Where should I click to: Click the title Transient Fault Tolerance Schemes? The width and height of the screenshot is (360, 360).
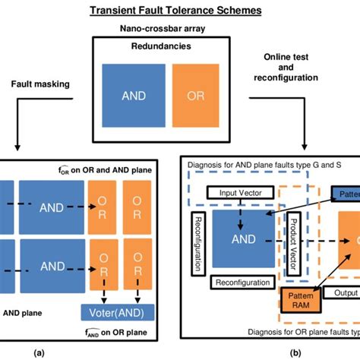click(180, 10)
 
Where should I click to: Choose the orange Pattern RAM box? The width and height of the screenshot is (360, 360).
click(298, 298)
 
